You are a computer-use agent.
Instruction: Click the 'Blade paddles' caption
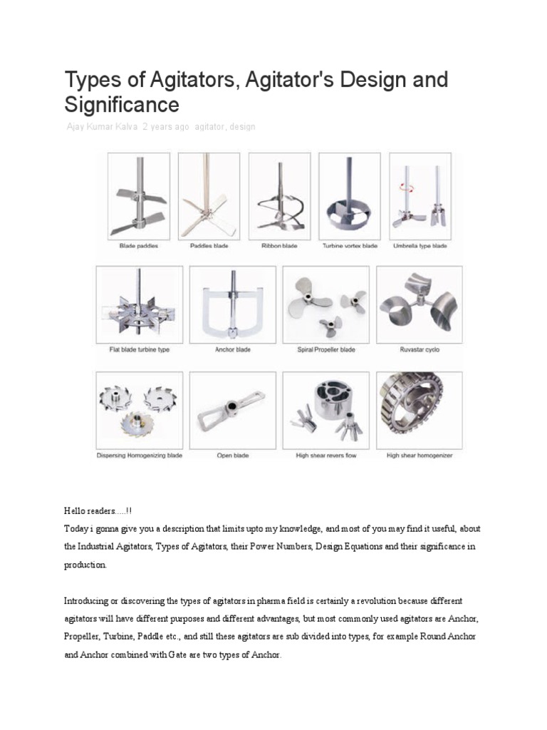tap(140, 246)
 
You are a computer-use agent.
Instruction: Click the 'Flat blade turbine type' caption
tap(140, 350)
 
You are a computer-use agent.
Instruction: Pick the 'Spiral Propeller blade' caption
tap(326, 350)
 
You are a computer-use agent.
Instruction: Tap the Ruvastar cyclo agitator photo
tap(419, 303)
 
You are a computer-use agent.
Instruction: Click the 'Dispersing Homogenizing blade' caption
tap(140, 456)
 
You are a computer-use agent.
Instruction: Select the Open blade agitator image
tap(232, 410)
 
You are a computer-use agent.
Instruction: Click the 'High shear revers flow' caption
tap(326, 456)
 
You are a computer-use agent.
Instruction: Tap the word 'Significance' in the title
tap(122, 105)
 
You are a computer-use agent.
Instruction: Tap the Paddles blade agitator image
tap(209, 195)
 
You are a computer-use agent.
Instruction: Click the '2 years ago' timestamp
tap(166, 126)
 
